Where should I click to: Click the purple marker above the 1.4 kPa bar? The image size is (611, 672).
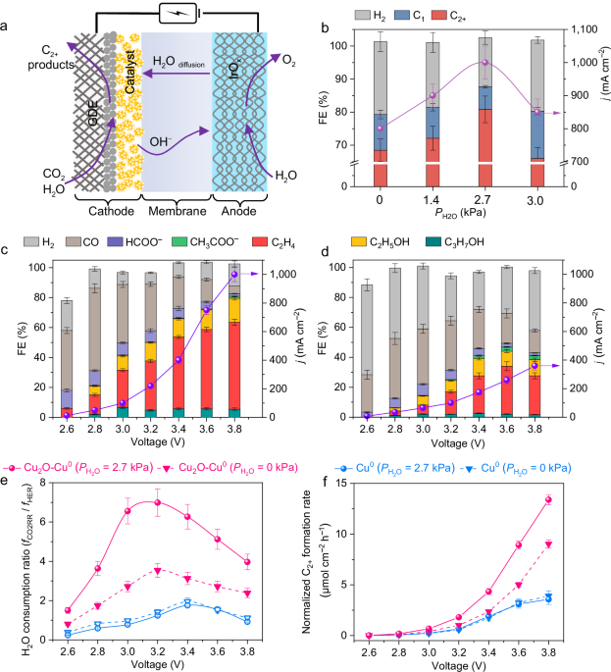433,95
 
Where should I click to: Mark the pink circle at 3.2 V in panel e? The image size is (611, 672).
158,502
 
